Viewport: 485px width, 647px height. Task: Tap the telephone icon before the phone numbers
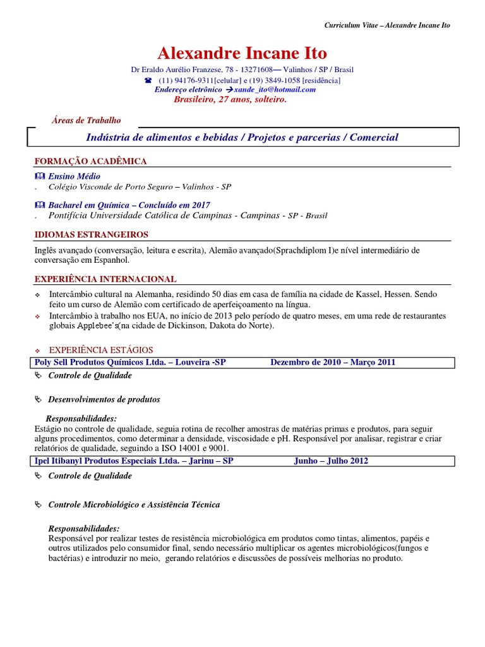[148, 81]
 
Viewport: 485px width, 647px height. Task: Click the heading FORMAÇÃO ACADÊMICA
[90, 161]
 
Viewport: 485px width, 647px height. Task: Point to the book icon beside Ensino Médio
[40, 176]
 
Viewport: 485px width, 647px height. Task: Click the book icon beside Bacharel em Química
[40, 205]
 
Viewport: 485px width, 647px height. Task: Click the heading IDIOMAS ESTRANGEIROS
[91, 235]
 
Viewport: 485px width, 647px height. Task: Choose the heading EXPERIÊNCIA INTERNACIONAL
[105, 279]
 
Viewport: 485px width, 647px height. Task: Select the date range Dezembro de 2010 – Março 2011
[333, 362]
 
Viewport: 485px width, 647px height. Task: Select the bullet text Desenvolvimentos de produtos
[104, 399]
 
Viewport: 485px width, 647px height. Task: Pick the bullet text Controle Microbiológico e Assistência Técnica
[134, 504]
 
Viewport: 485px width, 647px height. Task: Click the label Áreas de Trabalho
[85, 120]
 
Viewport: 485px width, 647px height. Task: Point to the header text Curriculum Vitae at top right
[344, 25]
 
